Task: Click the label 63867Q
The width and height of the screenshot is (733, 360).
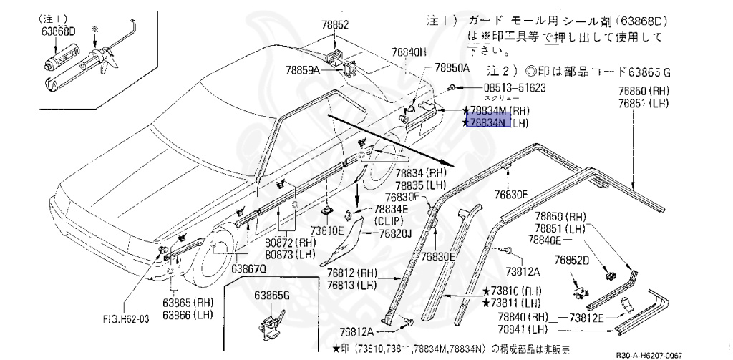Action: (248, 268)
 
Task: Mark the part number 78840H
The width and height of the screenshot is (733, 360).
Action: (409, 52)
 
